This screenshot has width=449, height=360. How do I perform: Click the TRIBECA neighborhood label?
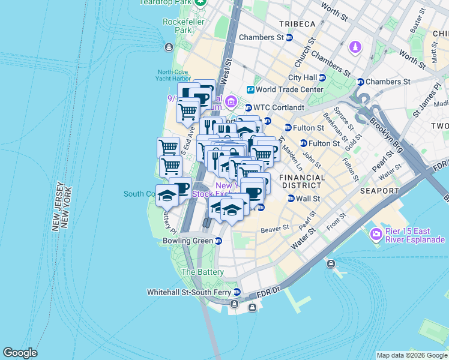[297, 23]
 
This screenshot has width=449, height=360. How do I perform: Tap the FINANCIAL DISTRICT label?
[302, 182]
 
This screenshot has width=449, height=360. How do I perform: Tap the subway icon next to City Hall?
[322, 77]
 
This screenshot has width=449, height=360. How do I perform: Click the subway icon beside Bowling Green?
[218, 241]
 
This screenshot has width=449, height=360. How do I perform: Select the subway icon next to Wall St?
[291, 199]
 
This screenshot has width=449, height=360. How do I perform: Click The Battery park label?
[202, 272]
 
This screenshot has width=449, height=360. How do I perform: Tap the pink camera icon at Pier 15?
[376, 234]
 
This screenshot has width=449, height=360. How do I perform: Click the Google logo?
[20, 353]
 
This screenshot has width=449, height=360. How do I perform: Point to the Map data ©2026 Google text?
[412, 355]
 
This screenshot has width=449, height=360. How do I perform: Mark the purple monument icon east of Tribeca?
[357, 46]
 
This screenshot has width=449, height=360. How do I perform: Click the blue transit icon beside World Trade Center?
[250, 90]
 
